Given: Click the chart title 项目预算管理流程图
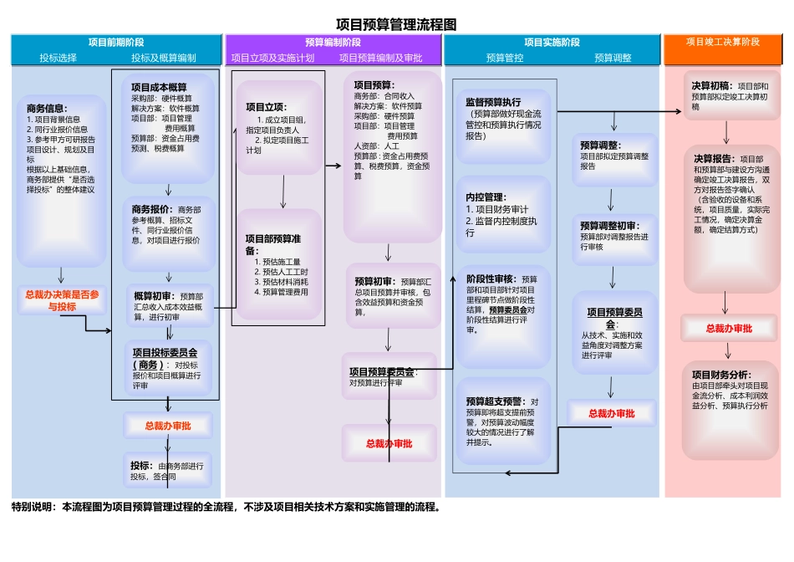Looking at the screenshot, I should coord(395,25).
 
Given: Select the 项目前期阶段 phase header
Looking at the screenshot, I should coord(116,42).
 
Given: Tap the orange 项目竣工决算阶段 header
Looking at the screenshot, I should coord(723,41).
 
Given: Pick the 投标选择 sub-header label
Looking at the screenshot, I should coord(58,58).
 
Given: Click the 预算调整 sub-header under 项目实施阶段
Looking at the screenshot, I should coord(613,58).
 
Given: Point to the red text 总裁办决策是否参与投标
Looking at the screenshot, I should coord(62,300).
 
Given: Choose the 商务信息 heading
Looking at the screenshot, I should coord(47,108).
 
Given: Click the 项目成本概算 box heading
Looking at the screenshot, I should coord(159,87).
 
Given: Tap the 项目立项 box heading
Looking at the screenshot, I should coord(266,107).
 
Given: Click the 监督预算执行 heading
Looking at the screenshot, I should coord(492,102).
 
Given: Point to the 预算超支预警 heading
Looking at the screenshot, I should coord(493,401).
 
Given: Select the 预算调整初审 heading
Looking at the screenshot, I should coord(609,225).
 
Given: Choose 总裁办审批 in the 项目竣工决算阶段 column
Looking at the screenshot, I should coord(729,329).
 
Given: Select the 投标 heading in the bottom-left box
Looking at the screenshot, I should coord(140,466).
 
